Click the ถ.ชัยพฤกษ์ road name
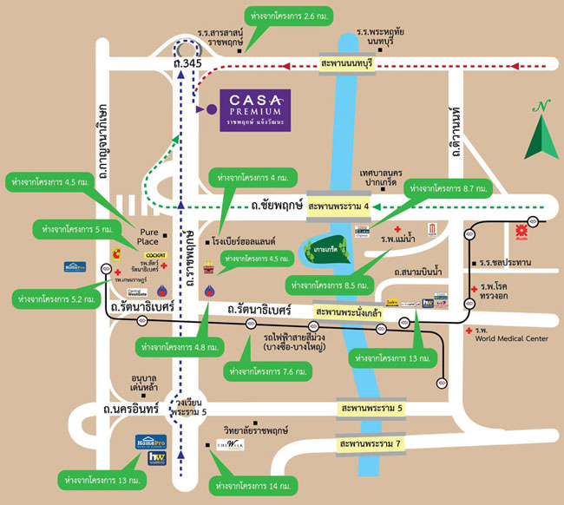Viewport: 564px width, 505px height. point(271,207)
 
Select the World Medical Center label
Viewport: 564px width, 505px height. point(512,338)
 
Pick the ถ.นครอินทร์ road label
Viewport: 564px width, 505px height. point(130,408)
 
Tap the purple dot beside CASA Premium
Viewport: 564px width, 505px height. point(201,110)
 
